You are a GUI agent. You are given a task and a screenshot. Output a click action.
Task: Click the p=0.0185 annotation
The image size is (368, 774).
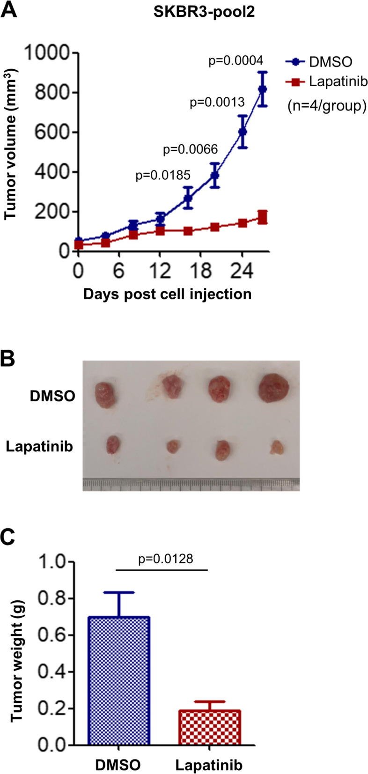[x=163, y=176]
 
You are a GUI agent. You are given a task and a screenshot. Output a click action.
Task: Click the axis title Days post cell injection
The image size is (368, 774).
[x=167, y=294]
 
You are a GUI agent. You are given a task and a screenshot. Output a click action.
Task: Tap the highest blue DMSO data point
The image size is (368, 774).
[x=263, y=89]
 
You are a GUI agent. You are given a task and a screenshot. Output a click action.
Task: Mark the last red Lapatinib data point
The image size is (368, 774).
[x=263, y=217]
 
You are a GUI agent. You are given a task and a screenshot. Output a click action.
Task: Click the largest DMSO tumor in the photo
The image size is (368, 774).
[x=274, y=388]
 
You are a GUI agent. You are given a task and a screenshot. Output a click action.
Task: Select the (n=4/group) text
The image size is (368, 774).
[x=327, y=106]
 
